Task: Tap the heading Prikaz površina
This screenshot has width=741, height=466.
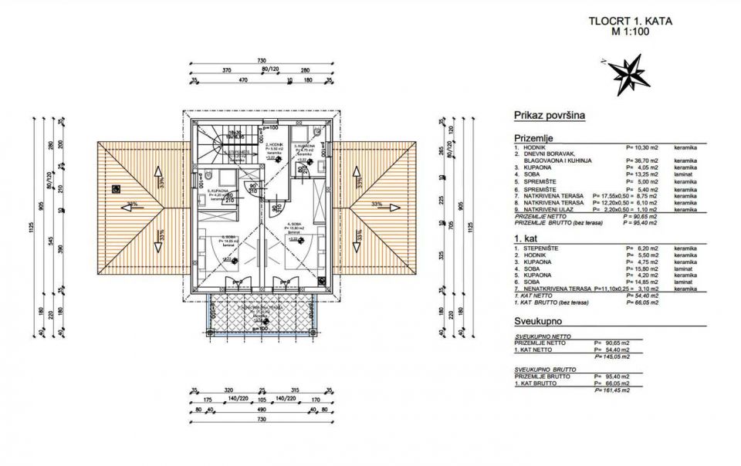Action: tap(549, 115)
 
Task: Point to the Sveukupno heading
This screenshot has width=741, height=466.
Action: tap(537, 319)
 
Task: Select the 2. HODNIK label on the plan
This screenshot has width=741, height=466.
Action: tap(276, 145)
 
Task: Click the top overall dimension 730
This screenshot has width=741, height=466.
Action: tap(261, 61)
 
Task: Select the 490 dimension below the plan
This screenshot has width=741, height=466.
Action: tap(262, 410)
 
